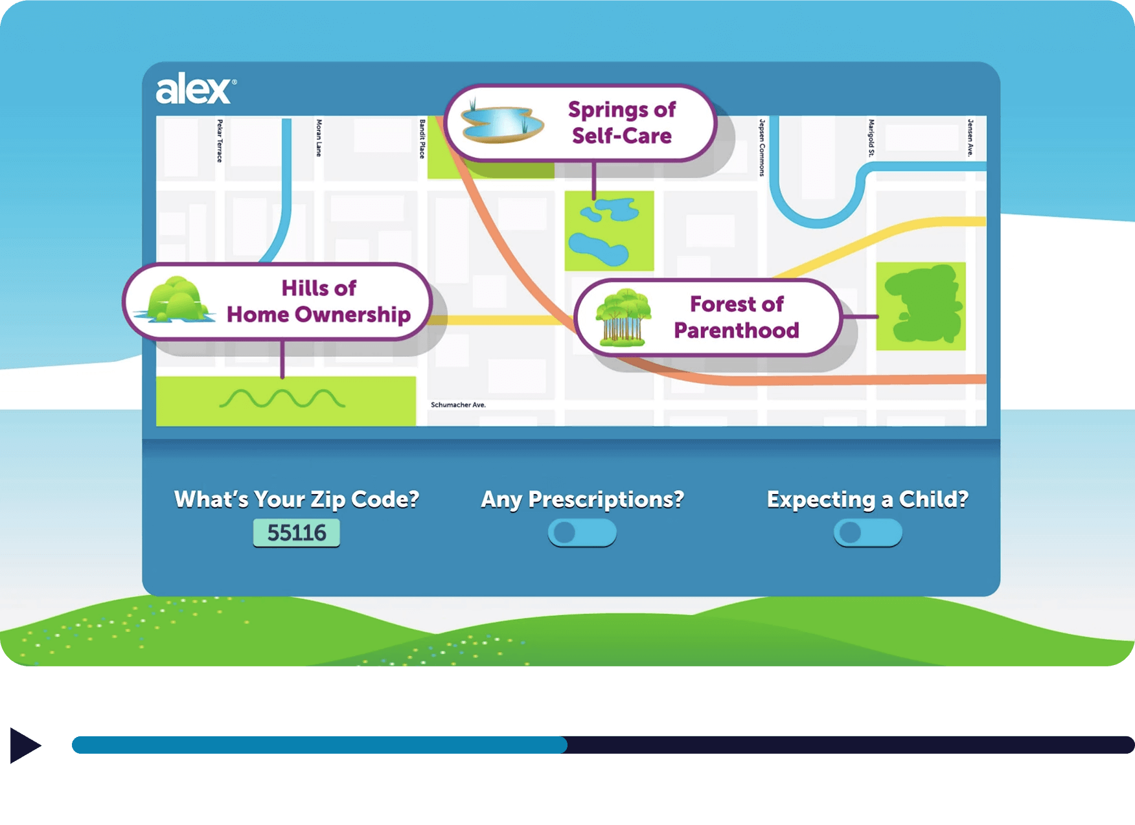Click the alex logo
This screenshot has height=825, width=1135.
click(196, 89)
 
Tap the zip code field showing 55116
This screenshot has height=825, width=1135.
click(296, 533)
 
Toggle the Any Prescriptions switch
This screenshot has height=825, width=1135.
click(582, 533)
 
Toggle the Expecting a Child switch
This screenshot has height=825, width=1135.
click(867, 533)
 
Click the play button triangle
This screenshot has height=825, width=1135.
click(25, 745)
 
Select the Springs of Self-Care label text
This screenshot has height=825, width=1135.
click(622, 122)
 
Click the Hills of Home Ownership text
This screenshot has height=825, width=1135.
click(319, 301)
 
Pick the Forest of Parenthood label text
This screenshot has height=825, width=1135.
click(737, 317)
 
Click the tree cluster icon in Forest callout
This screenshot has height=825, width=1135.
click(623, 318)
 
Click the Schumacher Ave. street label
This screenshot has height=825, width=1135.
click(458, 405)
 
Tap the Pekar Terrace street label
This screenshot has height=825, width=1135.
click(220, 141)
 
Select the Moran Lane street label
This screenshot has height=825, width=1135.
click(319, 138)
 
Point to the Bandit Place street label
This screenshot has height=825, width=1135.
click(422, 139)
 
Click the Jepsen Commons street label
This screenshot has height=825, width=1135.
click(762, 147)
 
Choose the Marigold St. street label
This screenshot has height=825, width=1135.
click(871, 137)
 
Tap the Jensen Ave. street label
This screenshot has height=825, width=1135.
click(970, 137)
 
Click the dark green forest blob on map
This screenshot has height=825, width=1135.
click(923, 304)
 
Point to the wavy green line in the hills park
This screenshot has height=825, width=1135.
click(282, 398)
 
